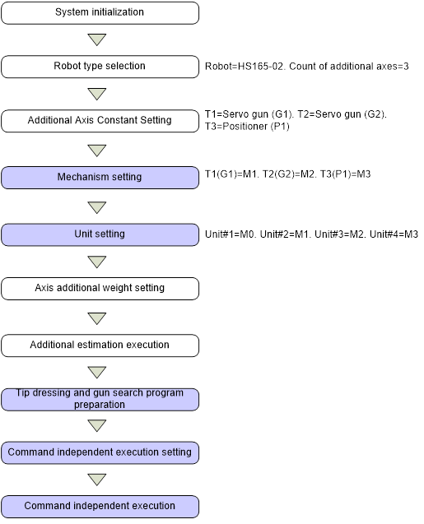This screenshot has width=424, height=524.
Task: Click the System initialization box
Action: (x=100, y=12)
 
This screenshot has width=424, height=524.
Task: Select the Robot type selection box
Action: (x=100, y=67)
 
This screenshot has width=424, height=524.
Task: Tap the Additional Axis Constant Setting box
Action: (x=100, y=121)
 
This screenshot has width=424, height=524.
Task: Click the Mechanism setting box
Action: (x=100, y=178)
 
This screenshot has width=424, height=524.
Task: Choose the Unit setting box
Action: (x=100, y=234)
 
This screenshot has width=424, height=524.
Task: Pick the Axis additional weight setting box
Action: (x=100, y=289)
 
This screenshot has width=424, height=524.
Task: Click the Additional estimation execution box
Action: (x=100, y=345)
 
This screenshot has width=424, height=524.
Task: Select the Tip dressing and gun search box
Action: (x=100, y=399)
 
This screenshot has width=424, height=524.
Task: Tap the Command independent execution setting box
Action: (x=100, y=452)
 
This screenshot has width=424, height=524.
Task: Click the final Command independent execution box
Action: (x=100, y=507)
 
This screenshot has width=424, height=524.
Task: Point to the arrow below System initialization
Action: (x=97, y=39)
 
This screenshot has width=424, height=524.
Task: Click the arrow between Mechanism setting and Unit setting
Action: (x=97, y=206)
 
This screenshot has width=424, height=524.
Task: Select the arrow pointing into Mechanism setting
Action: (x=97, y=150)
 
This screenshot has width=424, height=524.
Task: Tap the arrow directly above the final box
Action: (x=97, y=480)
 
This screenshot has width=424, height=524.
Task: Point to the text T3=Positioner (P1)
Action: (x=247, y=127)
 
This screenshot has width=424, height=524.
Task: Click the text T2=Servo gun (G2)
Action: (x=342, y=114)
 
